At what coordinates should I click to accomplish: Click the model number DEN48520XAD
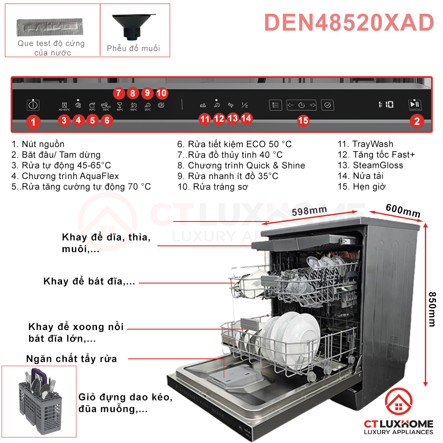click(349, 23)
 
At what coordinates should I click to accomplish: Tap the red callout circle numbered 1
click(33, 121)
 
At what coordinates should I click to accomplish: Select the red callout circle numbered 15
click(303, 120)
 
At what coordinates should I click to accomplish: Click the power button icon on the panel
click(33, 105)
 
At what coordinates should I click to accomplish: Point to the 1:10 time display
click(386, 105)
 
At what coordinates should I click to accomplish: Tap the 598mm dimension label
click(309, 212)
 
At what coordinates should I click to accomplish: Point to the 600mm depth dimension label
click(403, 211)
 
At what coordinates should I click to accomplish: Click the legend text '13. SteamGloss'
click(370, 165)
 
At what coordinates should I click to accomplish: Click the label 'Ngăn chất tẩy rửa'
click(71, 358)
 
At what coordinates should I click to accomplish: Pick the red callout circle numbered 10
click(162, 93)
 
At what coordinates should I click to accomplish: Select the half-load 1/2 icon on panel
click(245, 105)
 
